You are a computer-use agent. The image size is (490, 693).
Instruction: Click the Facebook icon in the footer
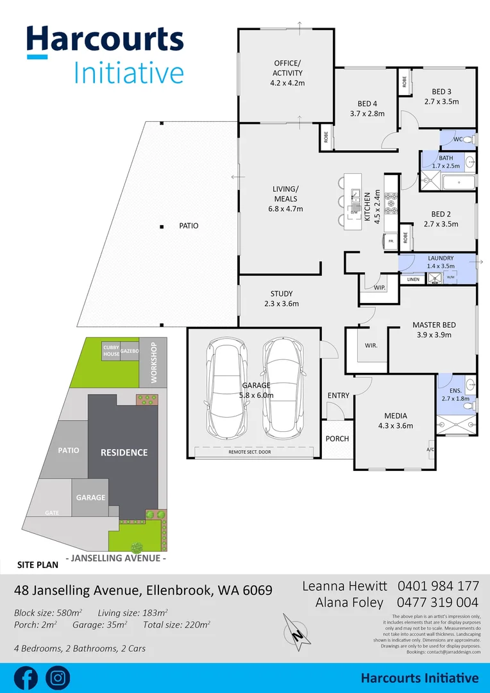[26, 678]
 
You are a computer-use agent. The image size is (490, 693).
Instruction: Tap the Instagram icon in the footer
[58, 678]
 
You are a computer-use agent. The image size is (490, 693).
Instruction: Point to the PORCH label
[337, 439]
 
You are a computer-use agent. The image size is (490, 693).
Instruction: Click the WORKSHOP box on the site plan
[153, 363]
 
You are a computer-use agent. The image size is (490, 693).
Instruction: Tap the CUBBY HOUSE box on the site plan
[111, 350]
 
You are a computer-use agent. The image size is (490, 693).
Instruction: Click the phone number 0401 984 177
[438, 586]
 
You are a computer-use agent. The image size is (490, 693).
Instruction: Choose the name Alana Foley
[349, 603]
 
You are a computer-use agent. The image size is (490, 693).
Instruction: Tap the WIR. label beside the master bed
[371, 346]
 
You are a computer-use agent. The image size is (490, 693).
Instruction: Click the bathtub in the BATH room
[459, 183]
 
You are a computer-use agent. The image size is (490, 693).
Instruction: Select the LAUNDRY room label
[440, 258]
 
